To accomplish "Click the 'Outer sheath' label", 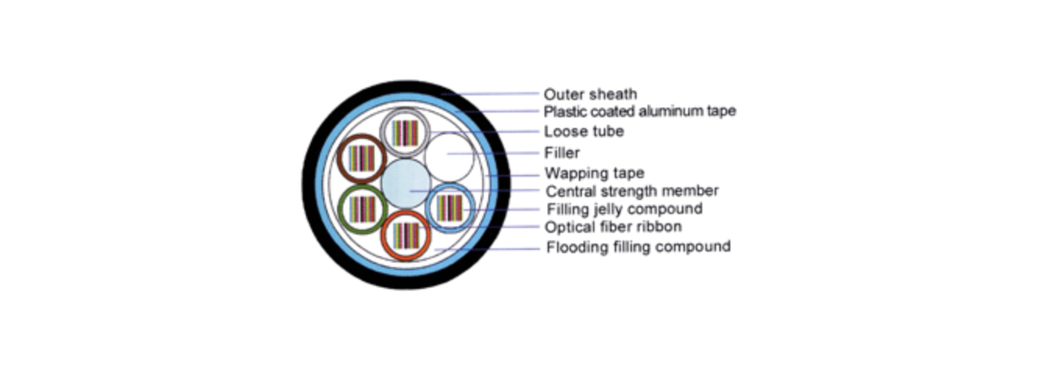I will click(x=590, y=94).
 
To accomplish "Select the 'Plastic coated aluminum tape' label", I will click(x=640, y=112).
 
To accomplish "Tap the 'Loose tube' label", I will click(x=584, y=131).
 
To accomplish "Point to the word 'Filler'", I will click(x=562, y=152).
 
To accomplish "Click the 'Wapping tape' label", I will click(x=594, y=173).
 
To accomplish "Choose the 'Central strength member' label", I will click(x=632, y=191).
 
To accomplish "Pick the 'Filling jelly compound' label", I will click(x=624, y=209).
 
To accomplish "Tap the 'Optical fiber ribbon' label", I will click(x=613, y=227).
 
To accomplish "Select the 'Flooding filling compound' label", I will click(x=638, y=247).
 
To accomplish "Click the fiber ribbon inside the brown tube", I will click(x=362, y=159).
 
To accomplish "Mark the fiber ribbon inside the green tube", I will click(x=362, y=208).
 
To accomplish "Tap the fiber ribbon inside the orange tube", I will click(x=406, y=234).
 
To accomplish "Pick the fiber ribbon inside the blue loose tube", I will click(x=450, y=207).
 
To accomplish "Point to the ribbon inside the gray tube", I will click(x=405, y=133).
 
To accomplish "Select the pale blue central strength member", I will click(x=406, y=183).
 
